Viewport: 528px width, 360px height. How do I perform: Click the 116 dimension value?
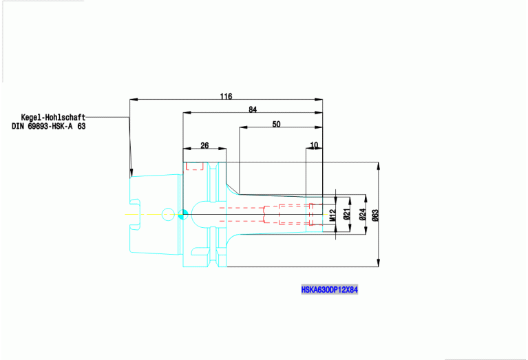pyautogui.click(x=226, y=96)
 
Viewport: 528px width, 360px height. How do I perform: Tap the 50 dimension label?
pyautogui.click(x=277, y=125)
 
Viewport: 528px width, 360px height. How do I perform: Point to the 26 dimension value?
pyautogui.click(x=204, y=145)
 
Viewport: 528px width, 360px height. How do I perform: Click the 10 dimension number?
pyautogui.click(x=315, y=145)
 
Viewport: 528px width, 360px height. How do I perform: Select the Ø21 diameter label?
pyautogui.click(x=347, y=214)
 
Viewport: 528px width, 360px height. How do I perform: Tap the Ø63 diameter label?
pyautogui.click(x=374, y=214)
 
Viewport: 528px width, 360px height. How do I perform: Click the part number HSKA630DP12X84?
pyautogui.click(x=329, y=290)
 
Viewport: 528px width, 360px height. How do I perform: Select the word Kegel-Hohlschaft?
pyautogui.click(x=53, y=118)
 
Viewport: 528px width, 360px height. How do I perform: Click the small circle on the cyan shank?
pyautogui.click(x=168, y=215)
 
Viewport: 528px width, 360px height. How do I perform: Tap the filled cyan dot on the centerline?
pyautogui.click(x=182, y=215)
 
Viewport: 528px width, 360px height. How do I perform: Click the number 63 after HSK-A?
pyautogui.click(x=81, y=127)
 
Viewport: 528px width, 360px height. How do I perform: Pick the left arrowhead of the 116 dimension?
pyautogui.click(x=131, y=100)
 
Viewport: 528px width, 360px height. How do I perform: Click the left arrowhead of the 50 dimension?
pyautogui.click(x=242, y=127)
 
